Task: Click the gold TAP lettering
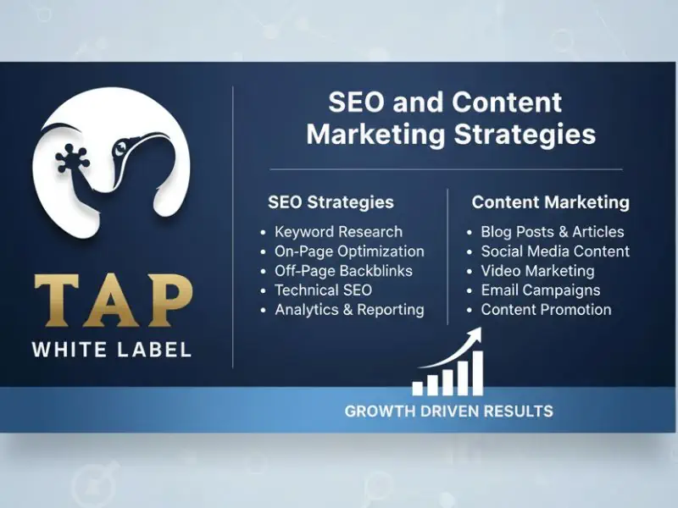[x=114, y=300]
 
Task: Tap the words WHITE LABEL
[x=112, y=350]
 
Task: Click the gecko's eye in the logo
[x=121, y=148]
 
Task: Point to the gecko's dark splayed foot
[x=72, y=159]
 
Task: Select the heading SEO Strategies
[x=331, y=202]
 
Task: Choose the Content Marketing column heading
[x=550, y=202]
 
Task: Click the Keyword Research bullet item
[x=338, y=232]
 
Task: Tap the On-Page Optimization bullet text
[x=349, y=251]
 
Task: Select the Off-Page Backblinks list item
[x=343, y=271]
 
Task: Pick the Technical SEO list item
[x=323, y=290]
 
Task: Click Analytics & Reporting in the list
[x=349, y=310]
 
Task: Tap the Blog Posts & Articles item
[x=553, y=232]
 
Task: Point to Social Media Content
[x=555, y=251]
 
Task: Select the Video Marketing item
[x=537, y=271]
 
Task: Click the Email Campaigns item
[x=541, y=290]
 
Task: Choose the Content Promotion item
[x=546, y=310]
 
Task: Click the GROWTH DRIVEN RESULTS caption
[x=449, y=411]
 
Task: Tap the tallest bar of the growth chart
[x=477, y=373]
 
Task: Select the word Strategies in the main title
[x=525, y=135]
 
